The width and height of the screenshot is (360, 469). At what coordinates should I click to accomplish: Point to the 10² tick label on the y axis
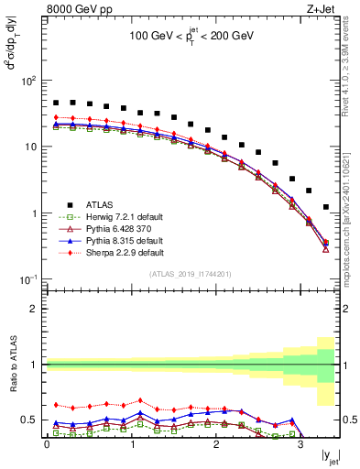pos(28,81)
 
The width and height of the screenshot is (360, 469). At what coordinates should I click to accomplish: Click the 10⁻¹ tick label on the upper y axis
pos(27,279)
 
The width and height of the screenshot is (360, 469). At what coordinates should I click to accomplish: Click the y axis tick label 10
pos(30,147)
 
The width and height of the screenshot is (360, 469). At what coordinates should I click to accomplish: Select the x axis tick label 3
pos(301,445)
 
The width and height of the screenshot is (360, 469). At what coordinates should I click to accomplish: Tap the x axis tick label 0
pos(47,445)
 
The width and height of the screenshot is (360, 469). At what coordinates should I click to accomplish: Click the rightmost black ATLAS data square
pos(326,207)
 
